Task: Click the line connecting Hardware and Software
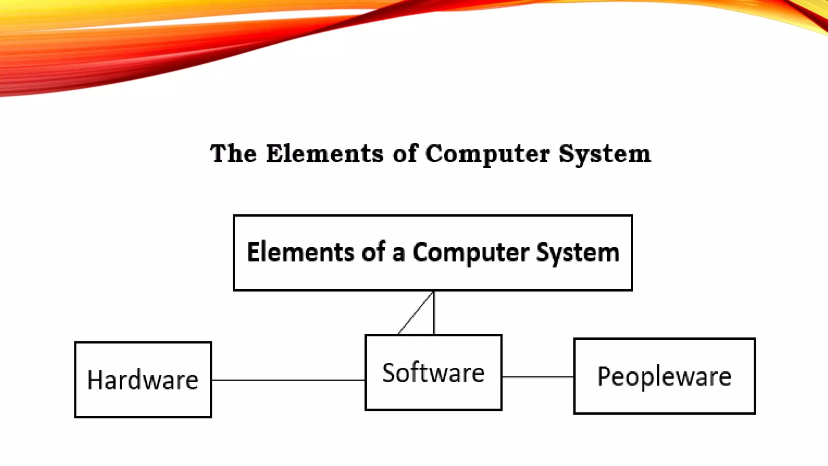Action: tap(288, 380)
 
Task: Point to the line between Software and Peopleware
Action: tap(538, 377)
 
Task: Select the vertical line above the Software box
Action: tap(434, 313)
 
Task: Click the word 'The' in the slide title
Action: tap(233, 154)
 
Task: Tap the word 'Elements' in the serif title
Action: tap(325, 154)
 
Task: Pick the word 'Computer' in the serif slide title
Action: tap(487, 155)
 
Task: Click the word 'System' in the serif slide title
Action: tap(604, 155)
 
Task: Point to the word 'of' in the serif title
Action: tap(405, 154)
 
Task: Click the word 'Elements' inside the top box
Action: tap(300, 252)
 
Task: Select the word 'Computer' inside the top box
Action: tap(471, 253)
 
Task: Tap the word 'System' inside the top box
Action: tap(578, 253)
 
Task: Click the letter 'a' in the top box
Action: tap(398, 254)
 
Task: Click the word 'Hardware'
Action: tap(143, 380)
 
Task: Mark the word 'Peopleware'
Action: tap(664, 377)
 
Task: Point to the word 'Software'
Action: tap(433, 373)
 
